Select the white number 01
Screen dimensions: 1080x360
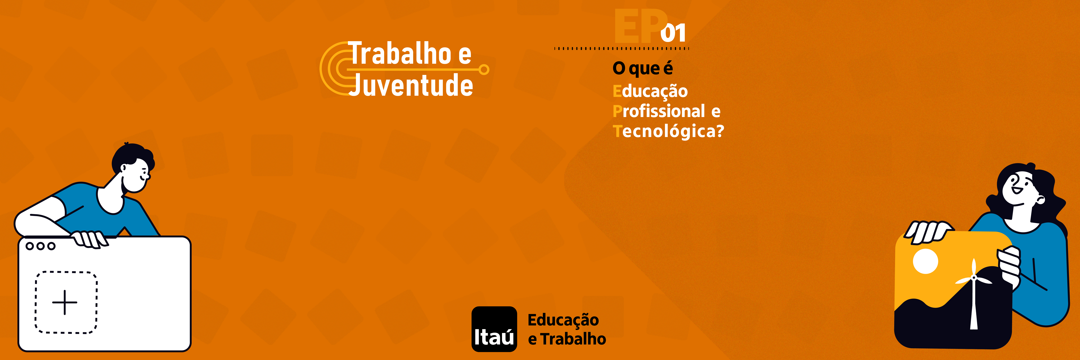[x=673, y=33]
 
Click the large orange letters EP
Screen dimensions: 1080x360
[x=641, y=26]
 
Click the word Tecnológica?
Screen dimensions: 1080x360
[x=668, y=131]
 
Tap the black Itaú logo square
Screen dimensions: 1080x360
[x=494, y=329]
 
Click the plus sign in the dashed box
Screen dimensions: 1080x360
[x=65, y=302]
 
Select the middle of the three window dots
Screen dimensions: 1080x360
[x=40, y=246]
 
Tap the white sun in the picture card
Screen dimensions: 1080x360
[x=925, y=261]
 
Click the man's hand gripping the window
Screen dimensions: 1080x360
[x=89, y=239]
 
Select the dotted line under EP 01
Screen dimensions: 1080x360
[x=622, y=49]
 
